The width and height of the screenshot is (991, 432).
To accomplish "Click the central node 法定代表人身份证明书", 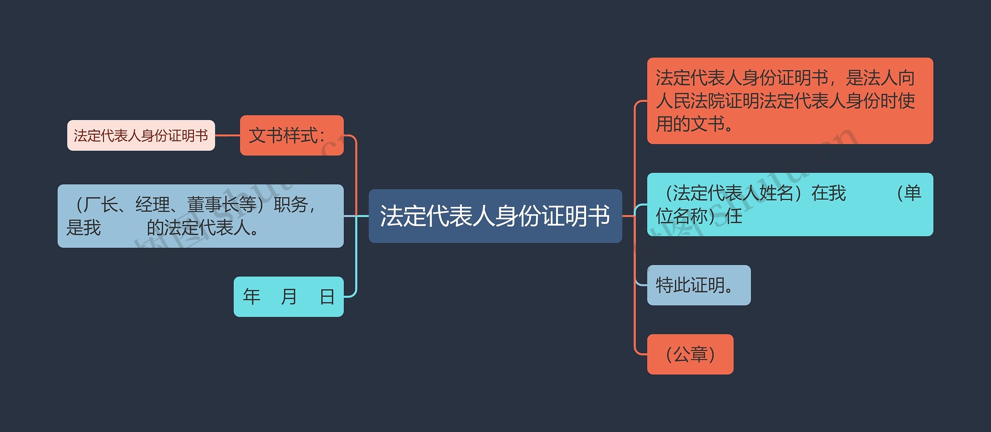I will pos(495,216).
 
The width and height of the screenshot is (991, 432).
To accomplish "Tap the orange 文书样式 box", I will pos(291,135).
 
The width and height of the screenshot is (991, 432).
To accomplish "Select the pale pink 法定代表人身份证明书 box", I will pos(141,135).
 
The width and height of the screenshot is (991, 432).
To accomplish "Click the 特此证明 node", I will pos(698,285).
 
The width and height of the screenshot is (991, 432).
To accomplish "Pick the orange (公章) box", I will pos(690,354).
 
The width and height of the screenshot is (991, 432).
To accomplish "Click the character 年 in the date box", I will pos(252,297).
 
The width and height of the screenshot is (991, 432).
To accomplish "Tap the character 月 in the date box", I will pos(289,297).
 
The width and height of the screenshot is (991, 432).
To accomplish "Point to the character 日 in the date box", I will pos(327,297).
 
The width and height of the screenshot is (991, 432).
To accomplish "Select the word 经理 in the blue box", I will pos(153,205).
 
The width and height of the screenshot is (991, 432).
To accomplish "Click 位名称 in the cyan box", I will pos(681,216).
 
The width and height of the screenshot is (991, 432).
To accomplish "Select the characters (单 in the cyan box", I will pos(908,193).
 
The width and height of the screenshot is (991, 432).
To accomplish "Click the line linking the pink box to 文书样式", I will pos(227,135).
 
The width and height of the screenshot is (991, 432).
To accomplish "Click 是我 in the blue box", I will pos(84,228).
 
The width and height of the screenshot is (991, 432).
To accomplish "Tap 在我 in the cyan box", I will pos(828,193).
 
